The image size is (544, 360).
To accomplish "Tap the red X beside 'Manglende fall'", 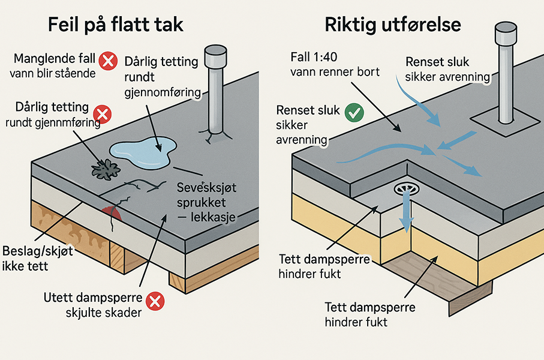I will [108, 60].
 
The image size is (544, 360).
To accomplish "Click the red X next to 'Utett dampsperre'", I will [155, 301].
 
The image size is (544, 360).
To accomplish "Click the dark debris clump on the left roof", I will [104, 169].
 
